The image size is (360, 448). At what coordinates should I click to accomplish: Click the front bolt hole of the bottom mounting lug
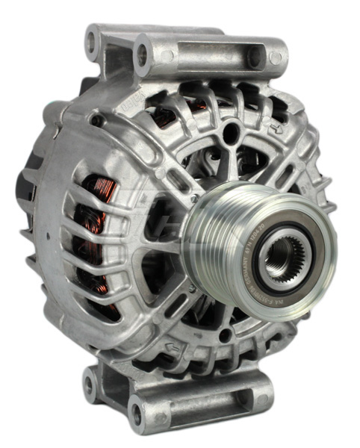click(137, 408)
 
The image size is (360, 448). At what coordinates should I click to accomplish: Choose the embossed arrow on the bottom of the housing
click(173, 345)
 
